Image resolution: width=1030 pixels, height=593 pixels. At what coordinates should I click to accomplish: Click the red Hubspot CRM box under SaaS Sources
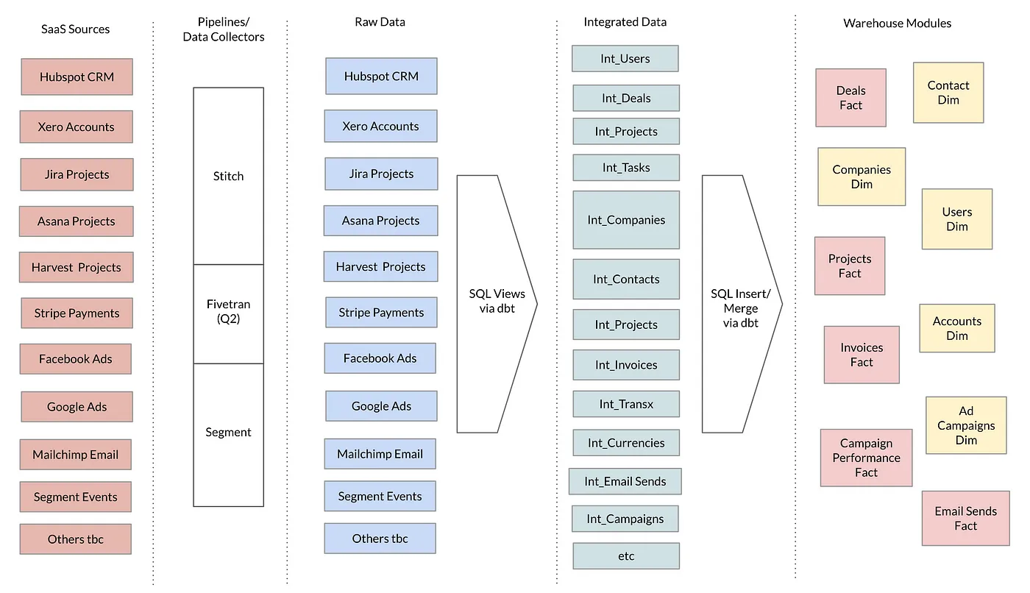click(x=77, y=77)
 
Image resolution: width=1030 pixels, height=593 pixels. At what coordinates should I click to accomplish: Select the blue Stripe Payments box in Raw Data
click(x=381, y=313)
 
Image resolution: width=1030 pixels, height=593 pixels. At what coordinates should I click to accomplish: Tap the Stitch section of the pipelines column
click(x=229, y=176)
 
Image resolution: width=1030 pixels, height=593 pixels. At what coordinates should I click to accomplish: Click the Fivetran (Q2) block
click(x=229, y=314)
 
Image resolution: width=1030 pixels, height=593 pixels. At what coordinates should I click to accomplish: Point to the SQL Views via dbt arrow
click(x=497, y=304)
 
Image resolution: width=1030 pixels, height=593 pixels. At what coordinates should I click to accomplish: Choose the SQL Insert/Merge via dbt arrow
click(x=742, y=304)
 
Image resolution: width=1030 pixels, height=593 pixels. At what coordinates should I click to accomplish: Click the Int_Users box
click(x=625, y=58)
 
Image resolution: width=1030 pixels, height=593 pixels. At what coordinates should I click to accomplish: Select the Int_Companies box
click(x=626, y=220)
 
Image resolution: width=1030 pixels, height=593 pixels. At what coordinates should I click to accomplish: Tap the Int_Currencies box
click(x=626, y=443)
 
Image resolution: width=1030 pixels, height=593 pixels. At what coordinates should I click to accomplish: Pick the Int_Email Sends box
click(x=625, y=481)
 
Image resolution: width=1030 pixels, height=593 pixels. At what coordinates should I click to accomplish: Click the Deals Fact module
click(x=851, y=97)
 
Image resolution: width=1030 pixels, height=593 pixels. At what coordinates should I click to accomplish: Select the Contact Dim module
click(x=948, y=93)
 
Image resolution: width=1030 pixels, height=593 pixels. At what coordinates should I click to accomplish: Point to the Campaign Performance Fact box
click(x=867, y=458)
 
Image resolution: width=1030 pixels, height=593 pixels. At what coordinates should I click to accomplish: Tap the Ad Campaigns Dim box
click(x=966, y=425)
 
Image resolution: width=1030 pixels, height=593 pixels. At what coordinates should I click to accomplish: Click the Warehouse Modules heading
click(x=897, y=23)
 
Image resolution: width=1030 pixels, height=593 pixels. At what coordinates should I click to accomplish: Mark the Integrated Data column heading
click(x=625, y=21)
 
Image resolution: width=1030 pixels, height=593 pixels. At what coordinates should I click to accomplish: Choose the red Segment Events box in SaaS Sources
click(x=76, y=497)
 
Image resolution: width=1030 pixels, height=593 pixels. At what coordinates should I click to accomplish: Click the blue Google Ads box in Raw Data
click(x=381, y=406)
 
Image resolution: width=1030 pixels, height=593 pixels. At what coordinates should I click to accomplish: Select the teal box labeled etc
click(x=626, y=555)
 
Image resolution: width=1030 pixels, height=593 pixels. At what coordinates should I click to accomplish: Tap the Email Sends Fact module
click(x=966, y=518)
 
